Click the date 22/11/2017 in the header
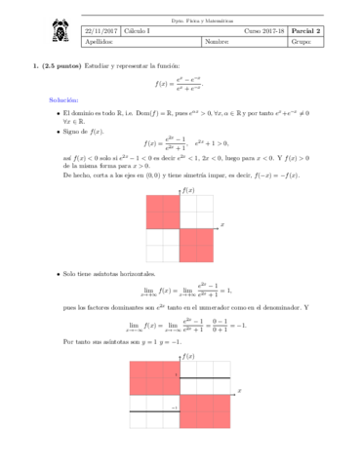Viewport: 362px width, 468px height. (x=100, y=29)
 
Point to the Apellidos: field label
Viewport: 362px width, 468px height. (x=100, y=41)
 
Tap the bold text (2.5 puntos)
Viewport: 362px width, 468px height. (x=63, y=66)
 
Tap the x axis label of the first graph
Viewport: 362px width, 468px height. (x=223, y=224)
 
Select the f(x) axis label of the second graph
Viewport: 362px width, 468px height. (x=186, y=355)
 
